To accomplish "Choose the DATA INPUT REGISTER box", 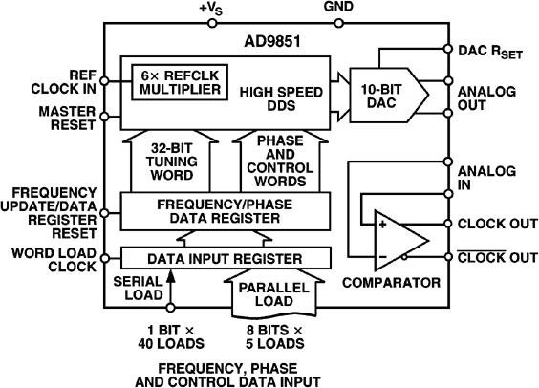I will pos(225,258).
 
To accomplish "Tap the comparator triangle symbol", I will pos(391,240).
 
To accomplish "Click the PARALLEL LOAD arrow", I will pos(276,291).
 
